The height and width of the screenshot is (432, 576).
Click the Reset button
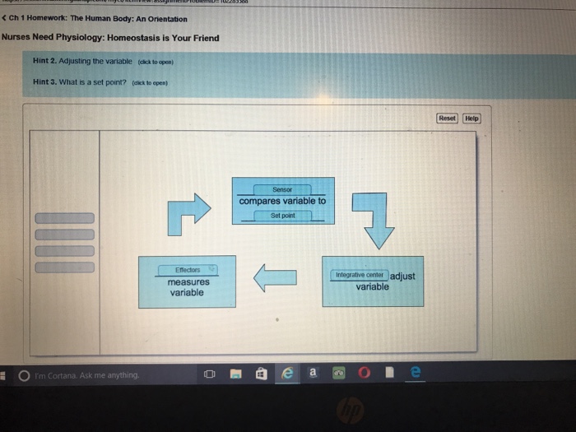click(447, 118)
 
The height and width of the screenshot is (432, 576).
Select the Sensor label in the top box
click(282, 188)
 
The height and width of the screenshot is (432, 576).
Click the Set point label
click(282, 216)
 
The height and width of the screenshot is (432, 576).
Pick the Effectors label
click(188, 269)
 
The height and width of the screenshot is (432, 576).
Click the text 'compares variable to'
click(282, 201)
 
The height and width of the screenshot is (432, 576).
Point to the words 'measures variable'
click(188, 287)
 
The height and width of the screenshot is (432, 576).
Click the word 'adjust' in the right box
click(403, 276)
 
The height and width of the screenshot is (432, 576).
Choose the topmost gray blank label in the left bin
click(64, 218)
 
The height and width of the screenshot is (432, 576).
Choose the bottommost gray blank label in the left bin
click(64, 266)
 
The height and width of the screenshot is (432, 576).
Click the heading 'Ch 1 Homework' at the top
click(98, 19)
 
